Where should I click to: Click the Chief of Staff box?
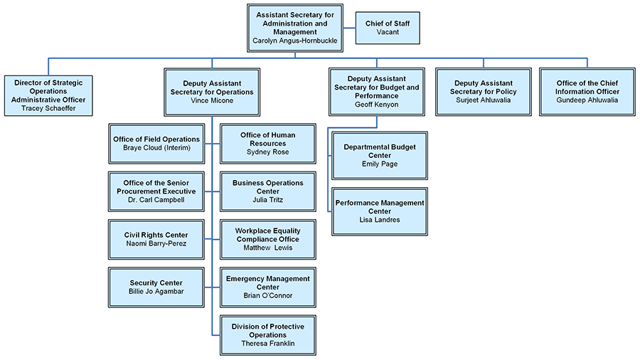pyautogui.click(x=388, y=28)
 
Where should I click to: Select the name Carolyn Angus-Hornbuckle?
pyautogui.click(x=295, y=41)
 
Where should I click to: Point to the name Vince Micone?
pyautogui.click(x=212, y=101)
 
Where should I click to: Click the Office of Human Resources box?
pyautogui.click(x=267, y=143)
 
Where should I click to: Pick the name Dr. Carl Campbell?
pyautogui.click(x=156, y=201)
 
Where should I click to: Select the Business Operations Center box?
pyautogui.click(x=267, y=191)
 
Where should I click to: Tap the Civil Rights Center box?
pyautogui.click(x=156, y=239)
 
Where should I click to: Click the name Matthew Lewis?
pyautogui.click(x=267, y=248)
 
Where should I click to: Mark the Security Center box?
pyautogui.click(x=156, y=287)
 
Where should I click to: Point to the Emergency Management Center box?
pyautogui.click(x=267, y=287)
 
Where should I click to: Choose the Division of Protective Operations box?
pyautogui.click(x=267, y=335)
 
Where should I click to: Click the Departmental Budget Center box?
pyautogui.click(x=380, y=155)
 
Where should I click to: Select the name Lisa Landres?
pyautogui.click(x=380, y=221)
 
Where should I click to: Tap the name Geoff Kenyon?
pyautogui.click(x=377, y=104)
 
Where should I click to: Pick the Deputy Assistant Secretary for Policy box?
pyautogui.click(x=484, y=91)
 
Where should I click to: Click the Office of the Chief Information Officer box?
pyautogui.click(x=587, y=91)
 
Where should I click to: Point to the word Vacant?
pyautogui.click(x=388, y=33)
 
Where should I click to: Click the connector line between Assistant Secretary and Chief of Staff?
pyautogui.click(x=348, y=28)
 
